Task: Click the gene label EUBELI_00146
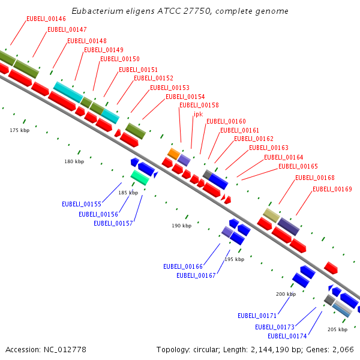[46, 19]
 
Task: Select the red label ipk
[199, 115]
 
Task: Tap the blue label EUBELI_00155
[82, 204]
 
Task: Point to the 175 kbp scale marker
[20, 130]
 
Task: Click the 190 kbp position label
[182, 226]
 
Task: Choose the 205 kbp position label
[337, 329]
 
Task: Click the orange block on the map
[174, 154]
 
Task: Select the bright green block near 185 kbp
[140, 178]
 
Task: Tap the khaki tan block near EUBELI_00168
[271, 215]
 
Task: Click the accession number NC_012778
[65, 350]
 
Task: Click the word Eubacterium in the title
[98, 11]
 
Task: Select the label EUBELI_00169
[332, 189]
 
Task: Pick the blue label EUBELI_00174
[287, 337]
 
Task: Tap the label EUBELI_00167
[196, 275]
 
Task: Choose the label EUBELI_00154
[185, 97]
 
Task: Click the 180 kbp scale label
[74, 161]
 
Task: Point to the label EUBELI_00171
[257, 316]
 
